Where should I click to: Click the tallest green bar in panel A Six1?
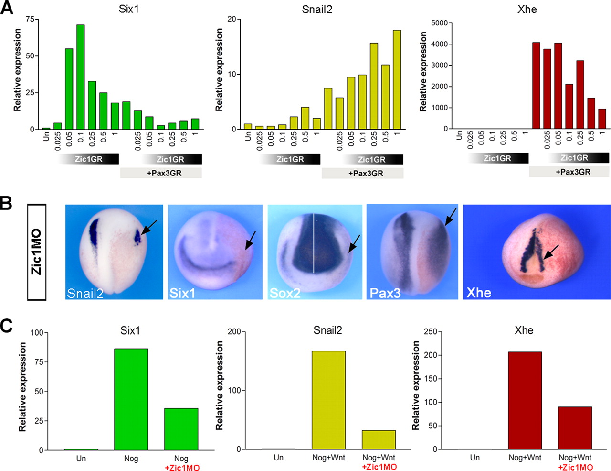click(80, 77)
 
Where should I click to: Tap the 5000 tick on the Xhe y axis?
click(439, 23)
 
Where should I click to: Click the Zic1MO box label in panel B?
click(36, 252)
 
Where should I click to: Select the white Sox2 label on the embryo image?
click(285, 293)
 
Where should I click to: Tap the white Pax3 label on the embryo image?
click(385, 293)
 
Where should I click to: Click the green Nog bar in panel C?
click(131, 399)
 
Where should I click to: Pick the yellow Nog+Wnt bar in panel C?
click(328, 400)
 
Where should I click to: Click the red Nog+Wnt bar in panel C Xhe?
click(525, 401)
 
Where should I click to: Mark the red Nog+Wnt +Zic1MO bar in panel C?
click(575, 428)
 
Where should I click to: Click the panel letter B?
click(6, 203)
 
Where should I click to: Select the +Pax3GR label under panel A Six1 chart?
click(161, 173)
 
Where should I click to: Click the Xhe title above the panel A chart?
click(527, 10)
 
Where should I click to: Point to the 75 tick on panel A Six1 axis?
click(30, 19)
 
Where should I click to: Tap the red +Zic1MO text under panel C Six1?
click(181, 467)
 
